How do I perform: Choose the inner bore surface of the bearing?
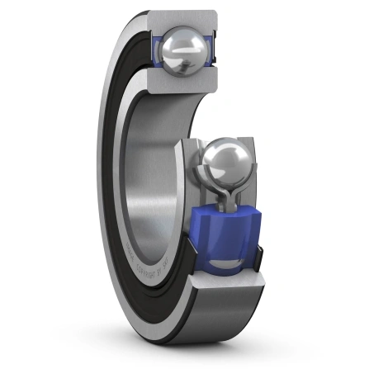pyautogui.click(x=153, y=165)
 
